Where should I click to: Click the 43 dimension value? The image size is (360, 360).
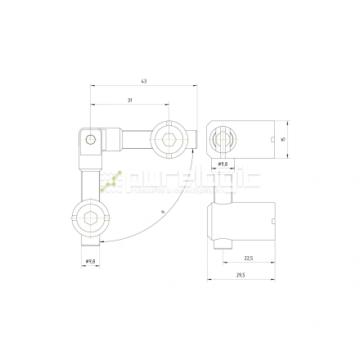click(x=144, y=81)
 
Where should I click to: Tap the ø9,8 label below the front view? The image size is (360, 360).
click(x=91, y=261)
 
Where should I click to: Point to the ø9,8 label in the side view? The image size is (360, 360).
click(x=223, y=164)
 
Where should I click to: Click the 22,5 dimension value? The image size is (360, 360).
click(x=247, y=259)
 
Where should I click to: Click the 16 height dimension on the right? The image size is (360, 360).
click(x=282, y=139)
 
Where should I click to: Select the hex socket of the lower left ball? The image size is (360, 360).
click(x=91, y=218)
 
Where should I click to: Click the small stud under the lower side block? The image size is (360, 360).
click(x=223, y=243)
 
